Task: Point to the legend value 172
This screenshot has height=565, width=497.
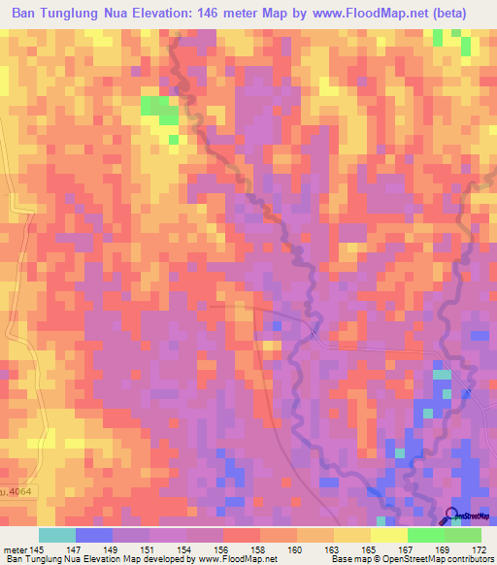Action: click(480, 549)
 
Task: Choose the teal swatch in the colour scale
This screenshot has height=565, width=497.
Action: click(57, 535)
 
